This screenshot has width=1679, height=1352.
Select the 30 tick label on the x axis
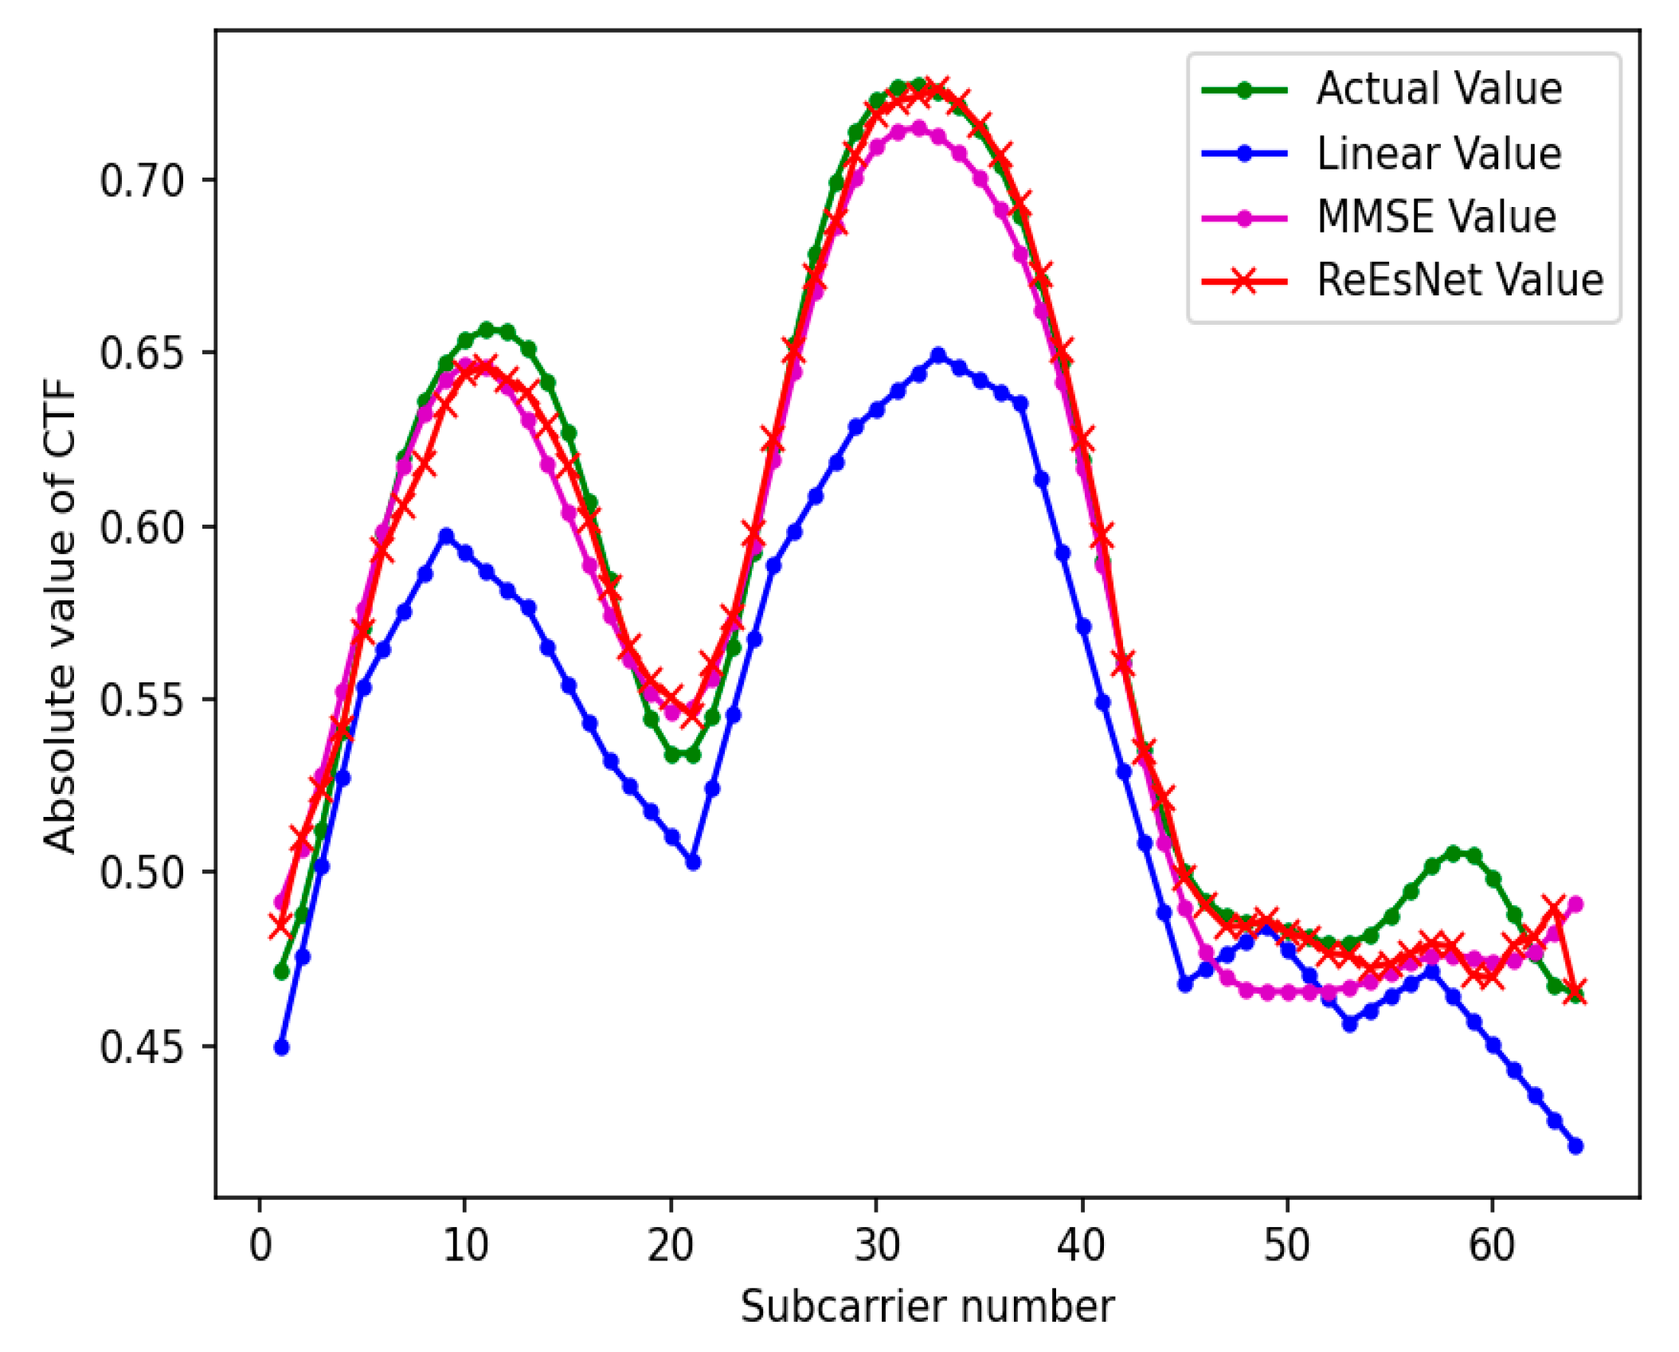(x=876, y=1245)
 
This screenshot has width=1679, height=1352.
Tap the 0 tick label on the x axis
(x=260, y=1245)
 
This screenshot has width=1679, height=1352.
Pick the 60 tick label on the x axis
(x=1491, y=1245)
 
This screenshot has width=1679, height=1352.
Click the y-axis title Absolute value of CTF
(x=60, y=613)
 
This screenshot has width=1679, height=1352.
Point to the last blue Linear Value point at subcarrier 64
(x=1575, y=1147)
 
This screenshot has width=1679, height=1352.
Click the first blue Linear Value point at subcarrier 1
(x=281, y=1048)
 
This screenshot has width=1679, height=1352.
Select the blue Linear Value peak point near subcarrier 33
(x=938, y=355)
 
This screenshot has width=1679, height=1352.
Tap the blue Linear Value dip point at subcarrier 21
(x=692, y=862)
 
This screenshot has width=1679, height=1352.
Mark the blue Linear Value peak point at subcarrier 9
(x=446, y=536)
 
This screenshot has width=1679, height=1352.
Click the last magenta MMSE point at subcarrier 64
(x=1575, y=905)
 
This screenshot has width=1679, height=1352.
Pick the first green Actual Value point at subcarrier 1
(x=281, y=971)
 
